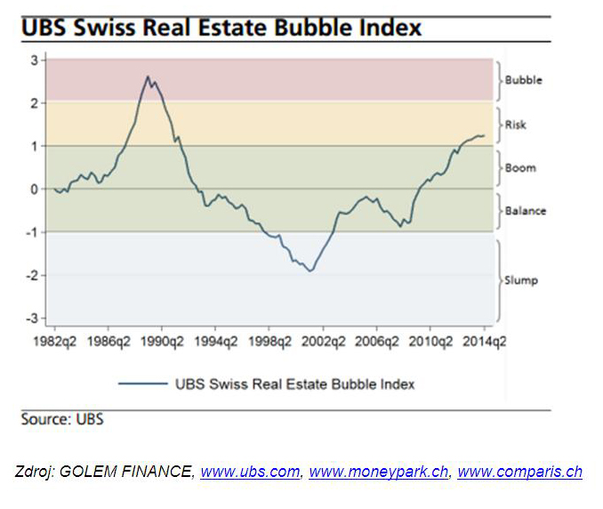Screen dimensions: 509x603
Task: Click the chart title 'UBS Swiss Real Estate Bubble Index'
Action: [x=220, y=27]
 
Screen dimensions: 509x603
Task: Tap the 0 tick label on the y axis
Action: [x=33, y=189]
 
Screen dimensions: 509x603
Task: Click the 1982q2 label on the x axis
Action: [x=53, y=341]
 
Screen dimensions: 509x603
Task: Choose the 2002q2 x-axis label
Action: [x=322, y=341]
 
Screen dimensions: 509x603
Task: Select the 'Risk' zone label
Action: [x=516, y=125]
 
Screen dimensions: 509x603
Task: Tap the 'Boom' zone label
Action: [x=520, y=167]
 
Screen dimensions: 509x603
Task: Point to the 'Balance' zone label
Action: [x=525, y=211]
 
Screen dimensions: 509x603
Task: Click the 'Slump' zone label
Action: [x=522, y=280]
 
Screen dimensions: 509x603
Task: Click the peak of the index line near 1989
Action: [x=147, y=77]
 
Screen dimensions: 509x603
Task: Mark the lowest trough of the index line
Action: [x=310, y=271]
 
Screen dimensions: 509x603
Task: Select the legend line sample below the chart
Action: [x=142, y=384]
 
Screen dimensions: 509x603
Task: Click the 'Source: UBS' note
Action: [x=62, y=418]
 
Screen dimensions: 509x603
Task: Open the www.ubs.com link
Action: [x=250, y=473]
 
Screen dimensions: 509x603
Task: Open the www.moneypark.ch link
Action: [x=378, y=473]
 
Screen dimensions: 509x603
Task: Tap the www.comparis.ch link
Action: [x=519, y=473]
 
